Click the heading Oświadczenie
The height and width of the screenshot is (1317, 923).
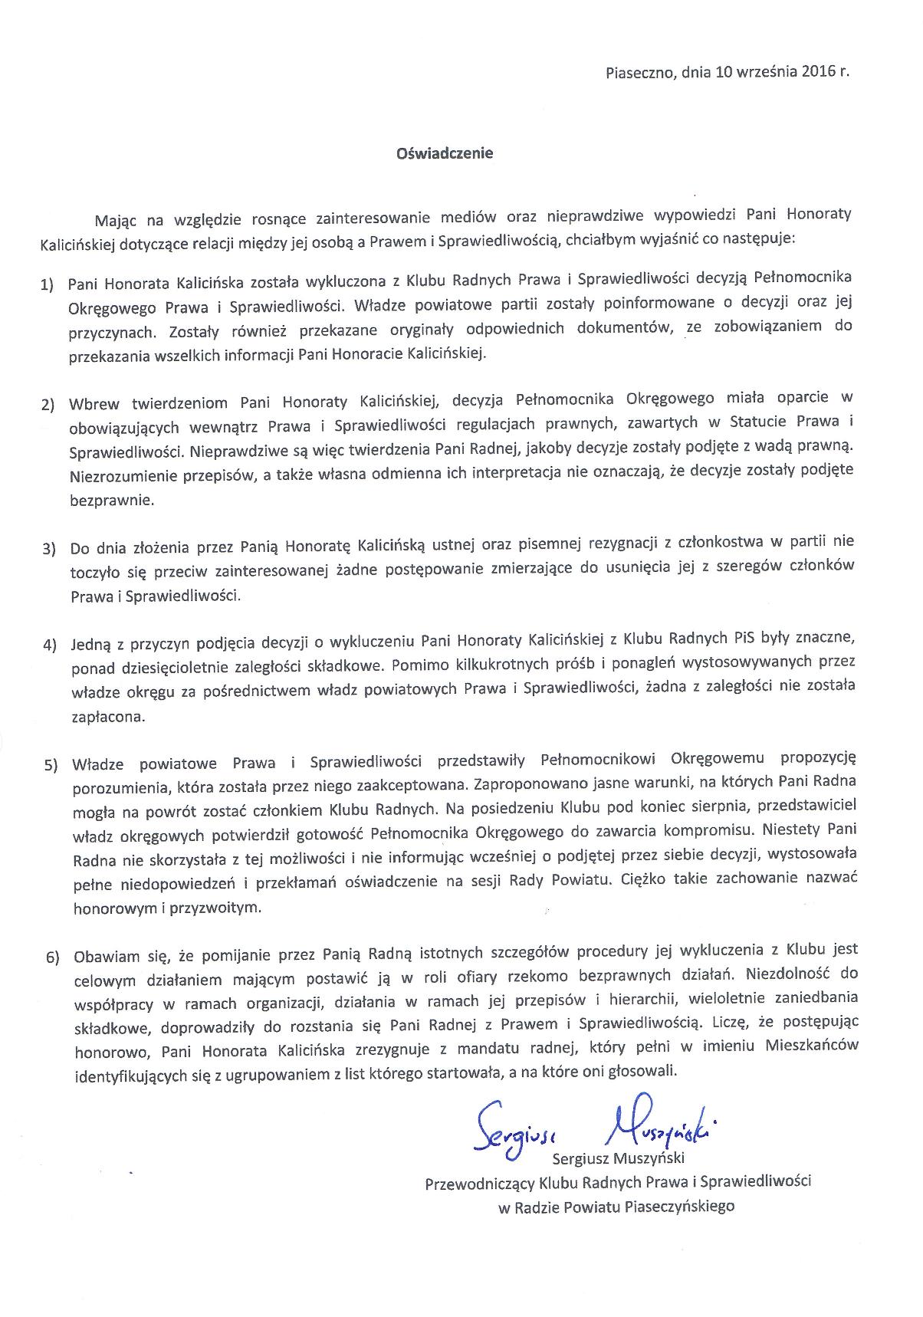(x=444, y=153)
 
